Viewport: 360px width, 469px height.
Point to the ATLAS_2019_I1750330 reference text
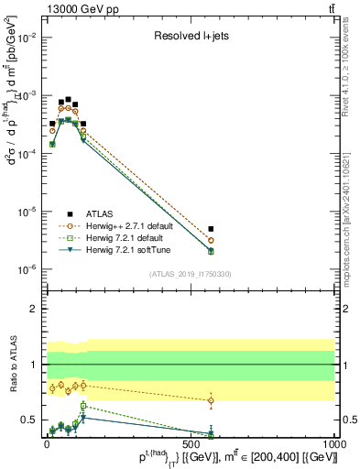[x=191, y=273]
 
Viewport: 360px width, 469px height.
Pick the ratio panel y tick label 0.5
[x=31, y=420]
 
